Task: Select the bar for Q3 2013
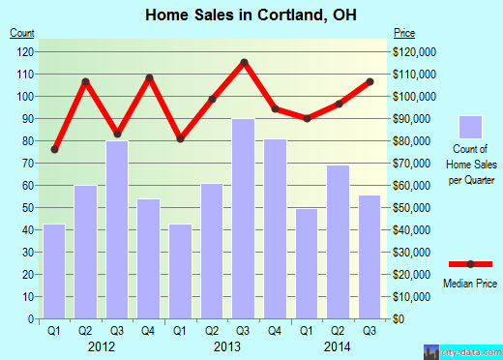click(244, 218)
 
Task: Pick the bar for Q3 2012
click(118, 229)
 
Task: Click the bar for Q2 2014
click(338, 242)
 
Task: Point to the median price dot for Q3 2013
click(244, 62)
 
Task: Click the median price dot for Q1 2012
click(55, 149)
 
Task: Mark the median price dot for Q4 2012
click(150, 77)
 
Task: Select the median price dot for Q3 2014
click(370, 81)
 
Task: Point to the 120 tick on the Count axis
click(24, 51)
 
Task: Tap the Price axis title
click(402, 34)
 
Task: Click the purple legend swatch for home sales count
click(471, 127)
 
